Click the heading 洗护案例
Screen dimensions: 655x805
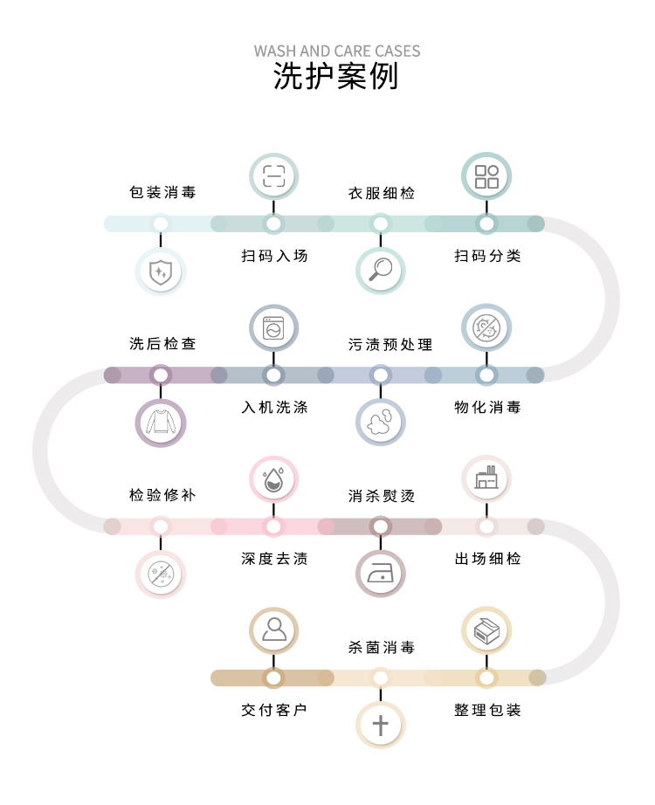[336, 77]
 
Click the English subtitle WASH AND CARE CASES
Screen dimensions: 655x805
[337, 51]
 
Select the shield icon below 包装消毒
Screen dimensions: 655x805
[161, 272]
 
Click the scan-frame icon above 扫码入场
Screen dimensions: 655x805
[274, 177]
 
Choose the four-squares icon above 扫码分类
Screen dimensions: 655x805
[486, 177]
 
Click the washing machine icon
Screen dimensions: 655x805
[274, 328]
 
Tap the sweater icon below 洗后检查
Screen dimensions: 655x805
[161, 423]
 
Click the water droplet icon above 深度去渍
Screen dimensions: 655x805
[274, 479]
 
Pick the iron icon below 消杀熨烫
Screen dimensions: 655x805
[381, 575]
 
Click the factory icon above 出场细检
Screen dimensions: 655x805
[486, 479]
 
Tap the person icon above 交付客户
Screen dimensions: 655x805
[274, 630]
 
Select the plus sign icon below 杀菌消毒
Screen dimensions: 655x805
[381, 725]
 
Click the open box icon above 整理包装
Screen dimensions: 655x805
[486, 630]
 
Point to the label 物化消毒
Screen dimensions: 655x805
[487, 408]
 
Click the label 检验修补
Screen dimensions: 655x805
[162, 495]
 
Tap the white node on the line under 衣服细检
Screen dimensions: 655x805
[381, 224]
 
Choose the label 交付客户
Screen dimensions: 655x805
[274, 710]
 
